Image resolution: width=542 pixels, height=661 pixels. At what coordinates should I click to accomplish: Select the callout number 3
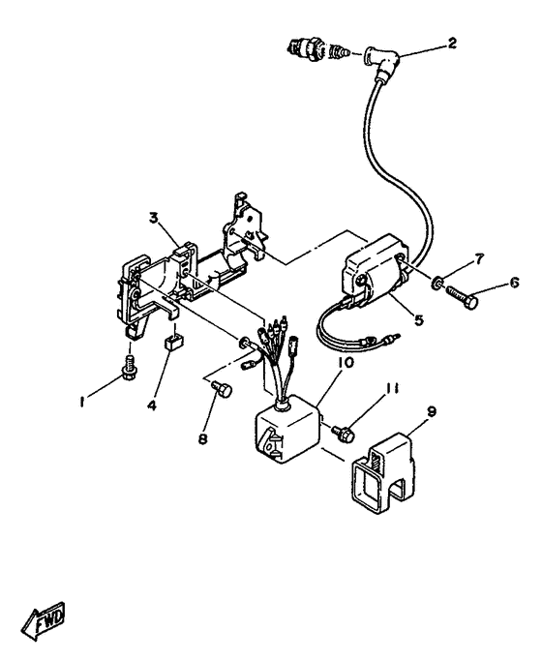(x=153, y=219)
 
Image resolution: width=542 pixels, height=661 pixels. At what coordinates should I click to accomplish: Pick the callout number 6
(x=513, y=284)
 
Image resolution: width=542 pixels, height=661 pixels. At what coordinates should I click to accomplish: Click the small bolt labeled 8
(x=220, y=390)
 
